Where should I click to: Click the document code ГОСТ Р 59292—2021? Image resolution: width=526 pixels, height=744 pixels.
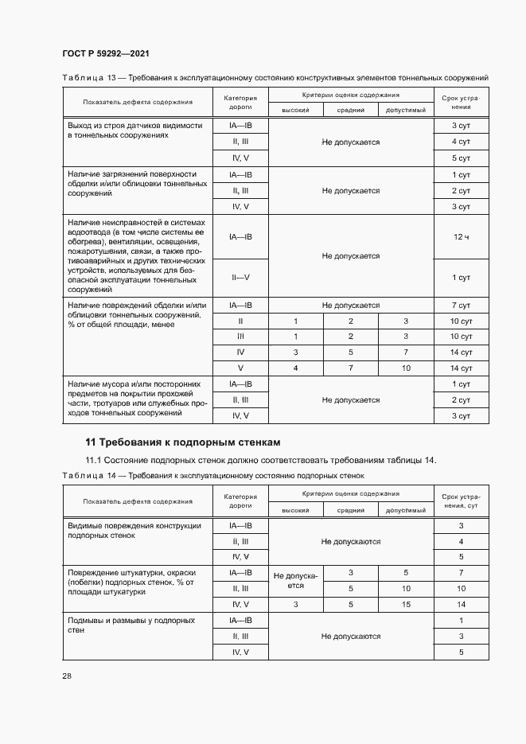point(106,53)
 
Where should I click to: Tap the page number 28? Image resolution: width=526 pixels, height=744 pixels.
point(67,676)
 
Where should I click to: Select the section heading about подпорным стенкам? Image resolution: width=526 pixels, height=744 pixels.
point(183,442)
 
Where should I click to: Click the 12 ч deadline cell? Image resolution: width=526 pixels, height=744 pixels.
point(461,237)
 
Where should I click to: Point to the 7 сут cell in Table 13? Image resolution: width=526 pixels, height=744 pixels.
point(461,305)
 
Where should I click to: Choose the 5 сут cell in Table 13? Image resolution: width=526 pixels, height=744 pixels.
point(461,158)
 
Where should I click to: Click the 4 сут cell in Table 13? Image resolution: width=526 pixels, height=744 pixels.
point(461,142)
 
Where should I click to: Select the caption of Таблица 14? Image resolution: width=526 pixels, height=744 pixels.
point(212,476)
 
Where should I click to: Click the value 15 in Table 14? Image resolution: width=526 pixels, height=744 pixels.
point(406,605)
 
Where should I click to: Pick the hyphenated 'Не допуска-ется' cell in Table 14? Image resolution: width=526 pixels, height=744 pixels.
point(295,579)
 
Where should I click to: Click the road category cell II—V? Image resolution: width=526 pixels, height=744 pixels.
point(240,277)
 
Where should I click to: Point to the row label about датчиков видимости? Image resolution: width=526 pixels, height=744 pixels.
point(135,130)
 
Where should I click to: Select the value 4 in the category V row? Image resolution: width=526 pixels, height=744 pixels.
point(295,368)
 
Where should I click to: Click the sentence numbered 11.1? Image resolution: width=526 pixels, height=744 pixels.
point(261,461)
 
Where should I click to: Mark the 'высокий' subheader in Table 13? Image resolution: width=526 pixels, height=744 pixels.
point(295,111)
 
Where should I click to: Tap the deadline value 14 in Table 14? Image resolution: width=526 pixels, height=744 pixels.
point(461,605)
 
